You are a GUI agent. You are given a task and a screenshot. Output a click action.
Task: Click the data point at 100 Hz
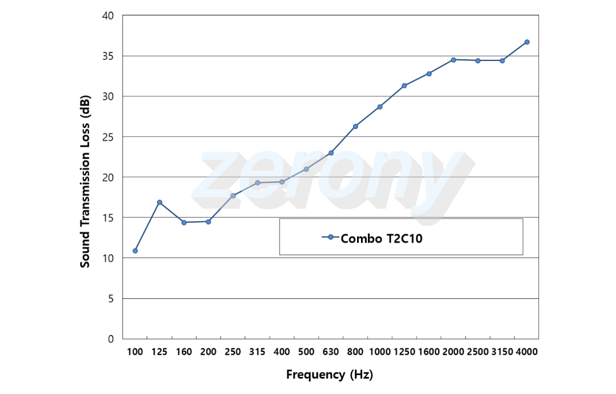pyautogui.click(x=135, y=251)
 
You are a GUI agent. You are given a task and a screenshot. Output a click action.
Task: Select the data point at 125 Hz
pyautogui.click(x=160, y=202)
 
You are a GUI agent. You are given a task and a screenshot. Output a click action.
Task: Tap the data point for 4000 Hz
pyautogui.click(x=527, y=42)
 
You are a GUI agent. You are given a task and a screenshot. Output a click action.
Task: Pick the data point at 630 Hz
pyautogui.click(x=331, y=153)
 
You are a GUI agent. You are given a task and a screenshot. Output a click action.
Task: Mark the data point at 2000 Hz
pyautogui.click(x=453, y=60)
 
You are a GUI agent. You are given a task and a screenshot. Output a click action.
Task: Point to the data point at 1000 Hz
pyautogui.click(x=380, y=107)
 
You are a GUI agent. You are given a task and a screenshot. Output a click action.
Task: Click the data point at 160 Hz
pyautogui.click(x=184, y=222)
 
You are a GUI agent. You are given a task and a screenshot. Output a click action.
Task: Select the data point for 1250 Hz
pyautogui.click(x=404, y=86)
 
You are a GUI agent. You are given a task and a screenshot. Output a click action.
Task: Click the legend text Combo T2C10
pyautogui.click(x=382, y=238)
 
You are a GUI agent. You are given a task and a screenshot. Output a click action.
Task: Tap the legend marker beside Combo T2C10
pyautogui.click(x=330, y=237)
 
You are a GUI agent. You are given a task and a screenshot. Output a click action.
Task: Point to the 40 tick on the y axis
pyautogui.click(x=108, y=16)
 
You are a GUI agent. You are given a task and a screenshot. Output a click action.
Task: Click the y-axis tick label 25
pyautogui.click(x=108, y=137)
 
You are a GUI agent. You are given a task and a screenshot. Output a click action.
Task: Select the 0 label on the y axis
pyautogui.click(x=111, y=339)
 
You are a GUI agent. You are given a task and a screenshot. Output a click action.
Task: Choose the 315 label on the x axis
pyautogui.click(x=257, y=352)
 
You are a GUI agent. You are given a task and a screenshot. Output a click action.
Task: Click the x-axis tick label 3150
pyautogui.click(x=502, y=352)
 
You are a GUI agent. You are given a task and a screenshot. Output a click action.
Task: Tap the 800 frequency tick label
pyautogui.click(x=355, y=352)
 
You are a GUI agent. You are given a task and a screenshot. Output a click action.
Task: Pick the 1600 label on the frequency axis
pyautogui.click(x=428, y=352)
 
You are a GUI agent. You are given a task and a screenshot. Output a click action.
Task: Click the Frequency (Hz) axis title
pyautogui.click(x=329, y=375)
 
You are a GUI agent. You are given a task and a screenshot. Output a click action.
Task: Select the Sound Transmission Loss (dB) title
pyautogui.click(x=85, y=181)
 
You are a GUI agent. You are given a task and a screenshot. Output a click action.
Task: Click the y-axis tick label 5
pyautogui.click(x=111, y=299)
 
